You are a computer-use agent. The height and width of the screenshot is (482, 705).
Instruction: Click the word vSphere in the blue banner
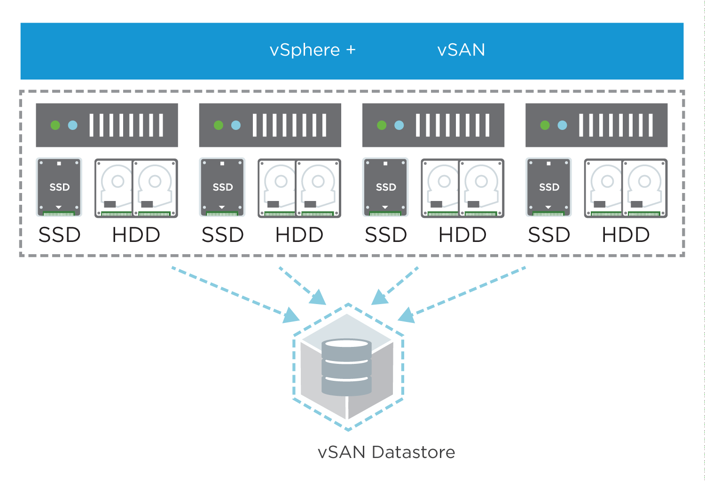[x=305, y=50]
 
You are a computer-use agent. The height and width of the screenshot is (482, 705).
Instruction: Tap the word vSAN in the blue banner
[x=461, y=50]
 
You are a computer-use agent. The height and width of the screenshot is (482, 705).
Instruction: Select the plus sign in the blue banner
[x=351, y=49]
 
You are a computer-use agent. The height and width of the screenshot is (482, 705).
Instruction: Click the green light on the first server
[x=55, y=125]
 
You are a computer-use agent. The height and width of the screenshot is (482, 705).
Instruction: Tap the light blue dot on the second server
[x=236, y=125]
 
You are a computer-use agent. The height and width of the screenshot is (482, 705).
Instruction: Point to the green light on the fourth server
[x=545, y=125]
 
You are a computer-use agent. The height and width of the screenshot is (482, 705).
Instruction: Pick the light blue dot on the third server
[x=399, y=125]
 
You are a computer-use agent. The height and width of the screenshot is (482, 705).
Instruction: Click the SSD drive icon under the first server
[x=59, y=187]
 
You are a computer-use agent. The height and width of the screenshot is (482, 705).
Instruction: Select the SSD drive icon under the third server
[x=385, y=187]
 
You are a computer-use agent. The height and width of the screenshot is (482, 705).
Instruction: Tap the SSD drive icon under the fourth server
[x=548, y=187]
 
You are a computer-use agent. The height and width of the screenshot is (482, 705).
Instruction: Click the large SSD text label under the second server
[x=222, y=235]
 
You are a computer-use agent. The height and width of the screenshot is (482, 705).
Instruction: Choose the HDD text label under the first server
[x=136, y=235]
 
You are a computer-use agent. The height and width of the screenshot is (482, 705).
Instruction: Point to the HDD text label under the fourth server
[x=626, y=235]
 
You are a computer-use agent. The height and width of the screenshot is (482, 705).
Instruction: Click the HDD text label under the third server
[x=462, y=235]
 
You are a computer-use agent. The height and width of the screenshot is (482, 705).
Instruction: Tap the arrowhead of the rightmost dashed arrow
[x=406, y=315]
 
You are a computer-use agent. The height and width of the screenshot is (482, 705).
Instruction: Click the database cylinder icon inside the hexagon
[x=346, y=367]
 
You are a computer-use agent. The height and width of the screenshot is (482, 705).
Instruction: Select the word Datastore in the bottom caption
[x=413, y=452]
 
